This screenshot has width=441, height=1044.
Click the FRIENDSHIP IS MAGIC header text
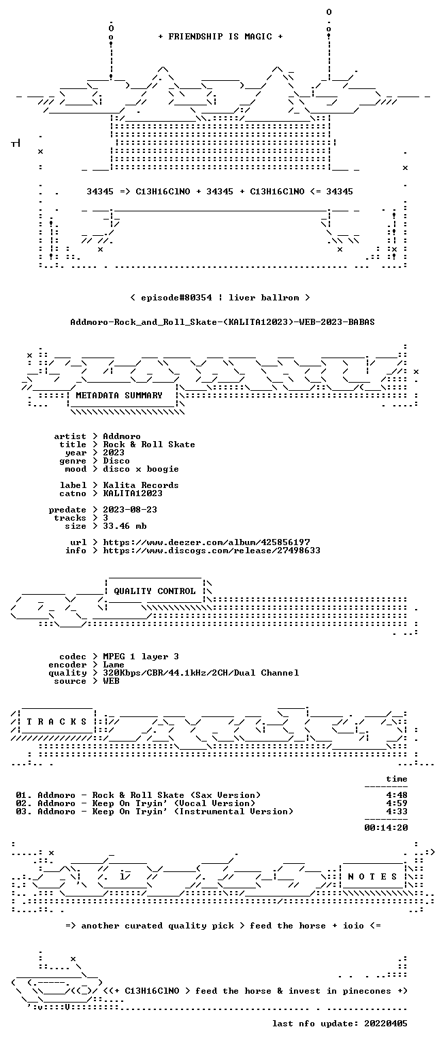click(x=220, y=36)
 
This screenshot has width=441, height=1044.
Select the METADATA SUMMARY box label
click(x=119, y=395)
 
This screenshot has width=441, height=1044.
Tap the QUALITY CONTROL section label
click(x=154, y=591)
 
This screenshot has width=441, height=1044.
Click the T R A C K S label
click(x=56, y=721)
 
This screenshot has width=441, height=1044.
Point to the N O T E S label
click(x=372, y=877)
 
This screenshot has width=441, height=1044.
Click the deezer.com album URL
click(x=206, y=542)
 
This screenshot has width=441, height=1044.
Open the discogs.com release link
click(x=212, y=551)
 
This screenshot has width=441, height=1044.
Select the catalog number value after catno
click(x=133, y=493)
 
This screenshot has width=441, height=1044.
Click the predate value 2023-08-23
click(x=130, y=509)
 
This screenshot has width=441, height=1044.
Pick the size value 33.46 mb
click(x=125, y=525)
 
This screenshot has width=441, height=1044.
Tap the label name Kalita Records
click(x=140, y=485)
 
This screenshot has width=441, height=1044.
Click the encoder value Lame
click(x=114, y=665)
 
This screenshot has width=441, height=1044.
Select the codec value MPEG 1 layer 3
click(x=140, y=657)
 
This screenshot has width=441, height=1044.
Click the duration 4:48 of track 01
click(x=397, y=795)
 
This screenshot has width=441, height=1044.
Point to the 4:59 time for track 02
click(x=397, y=803)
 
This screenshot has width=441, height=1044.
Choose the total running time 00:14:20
click(x=386, y=828)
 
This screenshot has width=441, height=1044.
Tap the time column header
click(x=397, y=779)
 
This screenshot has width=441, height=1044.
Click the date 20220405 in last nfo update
click(x=386, y=1024)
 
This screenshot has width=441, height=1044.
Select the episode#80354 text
click(x=176, y=297)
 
